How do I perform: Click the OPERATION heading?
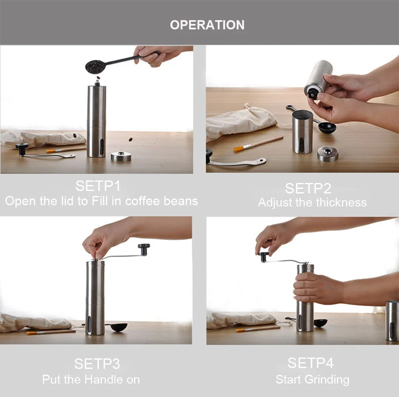(207, 25)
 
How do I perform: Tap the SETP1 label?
(98, 186)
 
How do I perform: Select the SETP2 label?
(308, 188)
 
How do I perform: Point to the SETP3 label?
(97, 363)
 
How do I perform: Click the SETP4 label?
(310, 363)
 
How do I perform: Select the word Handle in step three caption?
(101, 380)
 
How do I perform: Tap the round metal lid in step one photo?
(121, 157)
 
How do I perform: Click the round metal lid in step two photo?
(328, 154)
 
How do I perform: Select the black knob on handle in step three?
(144, 249)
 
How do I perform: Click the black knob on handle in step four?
(264, 256)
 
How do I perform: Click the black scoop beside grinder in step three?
(118, 326)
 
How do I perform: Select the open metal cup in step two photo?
(303, 131)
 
